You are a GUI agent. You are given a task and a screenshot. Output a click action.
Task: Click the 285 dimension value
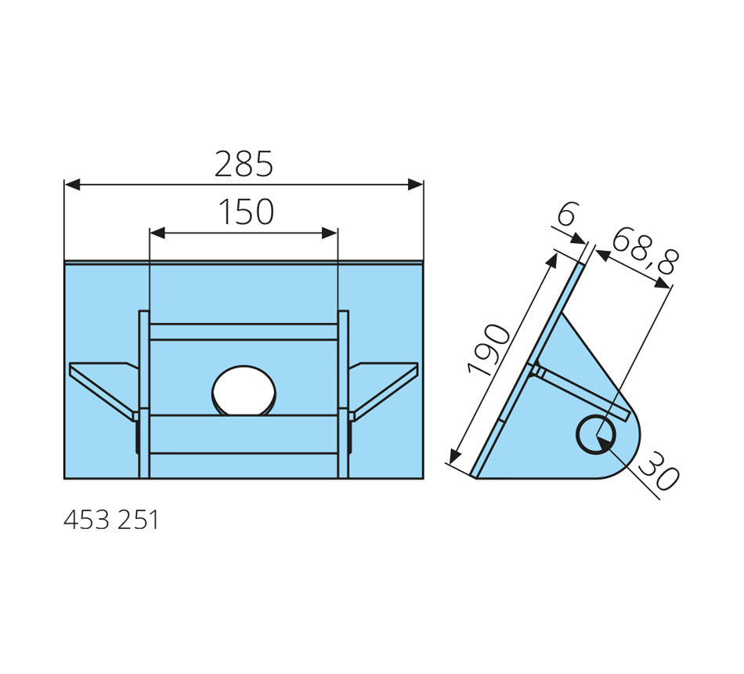(x=244, y=164)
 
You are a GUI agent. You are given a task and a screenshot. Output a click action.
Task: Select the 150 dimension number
(x=246, y=212)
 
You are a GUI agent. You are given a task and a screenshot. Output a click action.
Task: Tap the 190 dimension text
(x=489, y=350)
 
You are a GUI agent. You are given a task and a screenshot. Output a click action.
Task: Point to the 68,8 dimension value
(x=645, y=252)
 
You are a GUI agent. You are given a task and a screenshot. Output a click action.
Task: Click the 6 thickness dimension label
(x=567, y=214)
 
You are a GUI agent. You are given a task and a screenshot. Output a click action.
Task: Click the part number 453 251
(x=111, y=520)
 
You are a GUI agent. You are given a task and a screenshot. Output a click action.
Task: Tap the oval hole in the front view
(x=244, y=391)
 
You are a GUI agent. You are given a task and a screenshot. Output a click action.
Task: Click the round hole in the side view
(x=596, y=434)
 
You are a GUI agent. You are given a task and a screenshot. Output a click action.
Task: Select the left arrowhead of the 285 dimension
(x=72, y=185)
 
